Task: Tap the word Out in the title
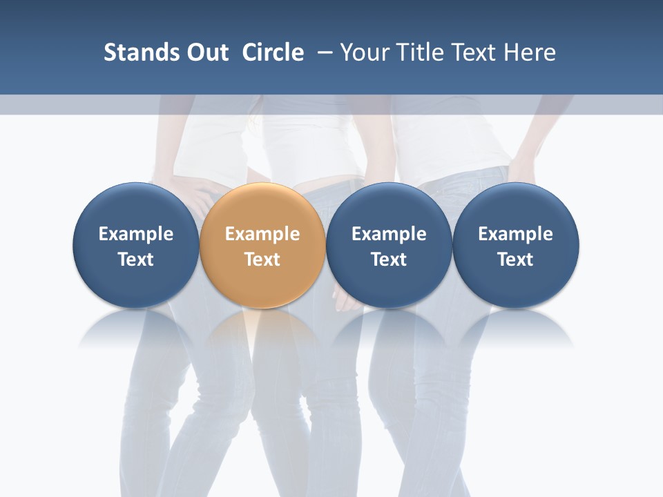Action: [206, 52]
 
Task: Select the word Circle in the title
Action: [273, 52]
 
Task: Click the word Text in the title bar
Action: [474, 52]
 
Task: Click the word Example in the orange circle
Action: [262, 234]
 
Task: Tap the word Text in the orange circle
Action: [262, 260]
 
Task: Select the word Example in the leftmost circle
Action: [135, 234]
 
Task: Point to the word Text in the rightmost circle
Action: [516, 260]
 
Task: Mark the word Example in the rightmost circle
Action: [516, 234]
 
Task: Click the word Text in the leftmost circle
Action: [135, 260]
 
